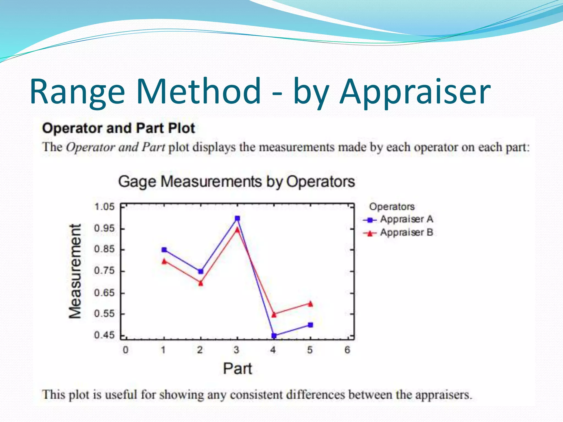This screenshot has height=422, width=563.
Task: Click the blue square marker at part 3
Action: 237,218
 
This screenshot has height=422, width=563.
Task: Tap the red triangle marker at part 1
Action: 164,261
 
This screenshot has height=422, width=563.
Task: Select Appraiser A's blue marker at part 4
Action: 274,335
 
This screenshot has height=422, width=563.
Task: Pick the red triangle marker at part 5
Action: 310,304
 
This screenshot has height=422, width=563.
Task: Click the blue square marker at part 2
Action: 201,271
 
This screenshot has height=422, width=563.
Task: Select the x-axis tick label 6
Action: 347,350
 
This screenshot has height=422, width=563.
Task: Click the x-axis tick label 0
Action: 125,350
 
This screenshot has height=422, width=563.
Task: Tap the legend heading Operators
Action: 391,207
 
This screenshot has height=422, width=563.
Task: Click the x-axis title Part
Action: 237,368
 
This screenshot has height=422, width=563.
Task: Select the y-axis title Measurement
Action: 75,271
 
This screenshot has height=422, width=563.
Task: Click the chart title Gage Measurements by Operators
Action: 236,182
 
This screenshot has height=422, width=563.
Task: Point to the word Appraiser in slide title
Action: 415,92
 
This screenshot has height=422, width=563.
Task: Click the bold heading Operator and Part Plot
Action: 118,128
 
